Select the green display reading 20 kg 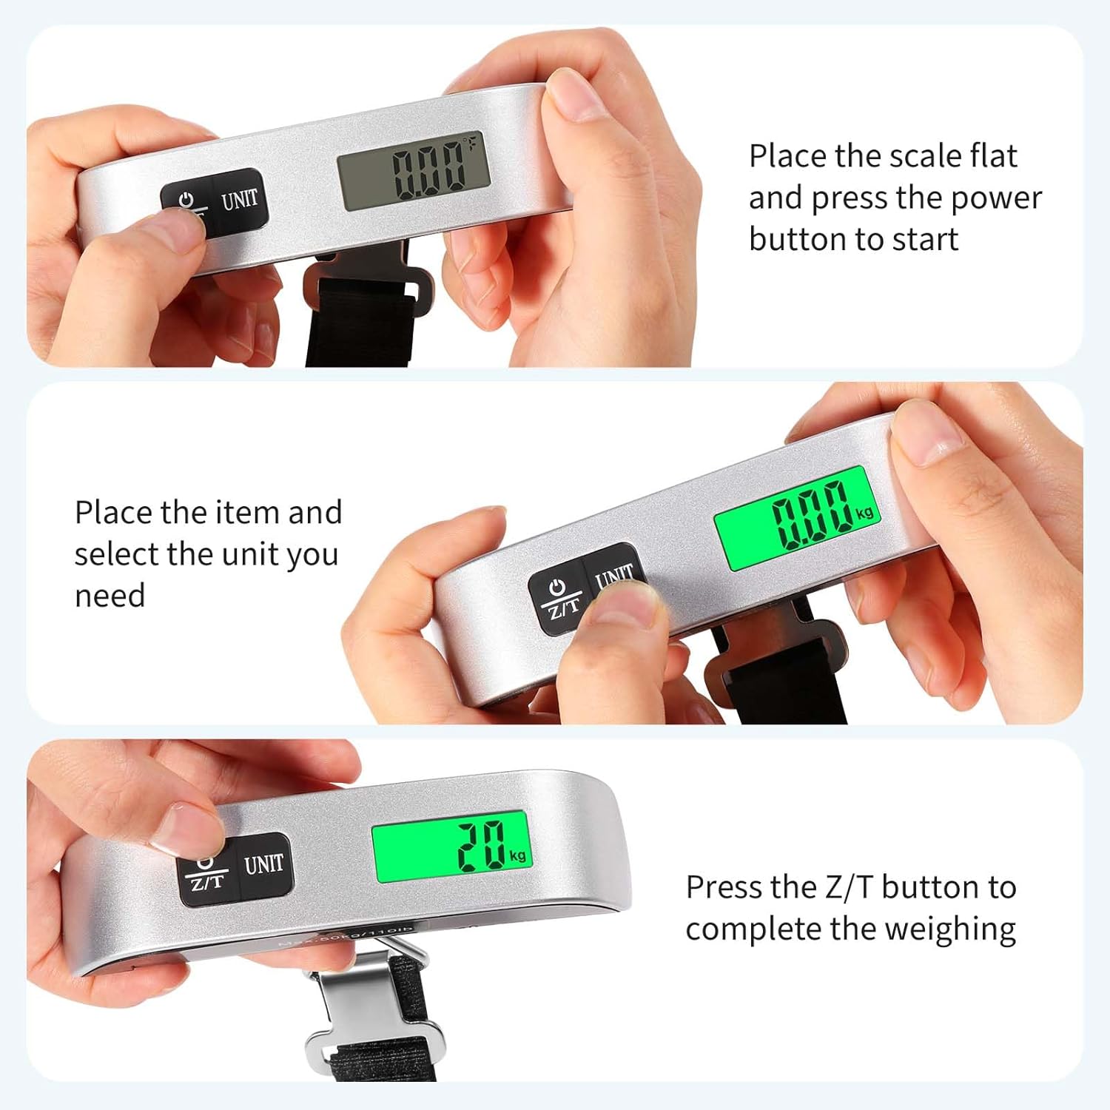tap(451, 846)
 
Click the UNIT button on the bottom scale tap(263, 864)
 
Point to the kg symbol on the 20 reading tap(517, 855)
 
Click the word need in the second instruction tap(110, 596)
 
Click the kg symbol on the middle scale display tap(864, 512)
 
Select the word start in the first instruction tap(925, 240)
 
